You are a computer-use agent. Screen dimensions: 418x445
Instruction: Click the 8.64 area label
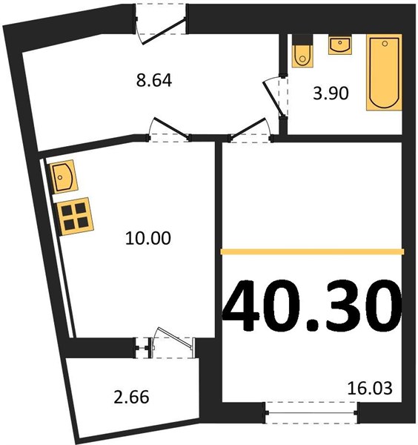pos(154,80)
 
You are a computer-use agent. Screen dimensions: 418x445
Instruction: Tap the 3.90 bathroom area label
pos(331,93)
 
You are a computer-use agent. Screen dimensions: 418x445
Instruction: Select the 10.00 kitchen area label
pos(148,238)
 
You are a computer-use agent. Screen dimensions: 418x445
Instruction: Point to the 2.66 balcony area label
pos(131,397)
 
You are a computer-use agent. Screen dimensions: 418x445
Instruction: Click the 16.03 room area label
pos(370,388)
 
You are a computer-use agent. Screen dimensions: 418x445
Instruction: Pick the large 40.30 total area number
pos(312,306)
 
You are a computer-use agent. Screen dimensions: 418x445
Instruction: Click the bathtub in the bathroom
pos(384,73)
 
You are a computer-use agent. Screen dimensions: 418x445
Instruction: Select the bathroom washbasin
pos(340,44)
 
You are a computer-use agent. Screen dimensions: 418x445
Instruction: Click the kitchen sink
pos(64,177)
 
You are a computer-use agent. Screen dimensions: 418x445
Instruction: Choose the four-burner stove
pos(75,217)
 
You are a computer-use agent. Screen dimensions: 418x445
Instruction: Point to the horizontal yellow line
pos(312,251)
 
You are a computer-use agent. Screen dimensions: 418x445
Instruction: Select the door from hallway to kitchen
pos(169,129)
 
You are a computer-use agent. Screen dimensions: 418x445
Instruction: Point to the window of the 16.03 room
pos(312,412)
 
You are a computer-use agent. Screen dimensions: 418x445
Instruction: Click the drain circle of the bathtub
pos(385,44)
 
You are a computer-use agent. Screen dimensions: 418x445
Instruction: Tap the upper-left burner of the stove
pos(67,211)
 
